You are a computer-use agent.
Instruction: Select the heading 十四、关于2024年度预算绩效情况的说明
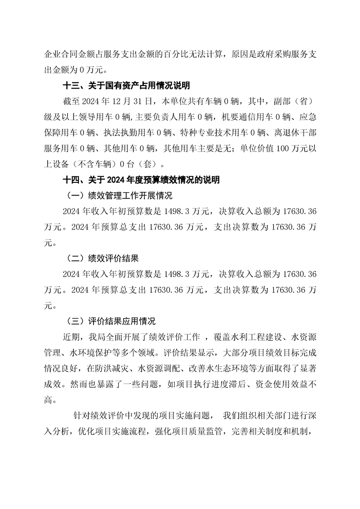tap(142, 180)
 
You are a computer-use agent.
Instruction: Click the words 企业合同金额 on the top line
tap(68, 54)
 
